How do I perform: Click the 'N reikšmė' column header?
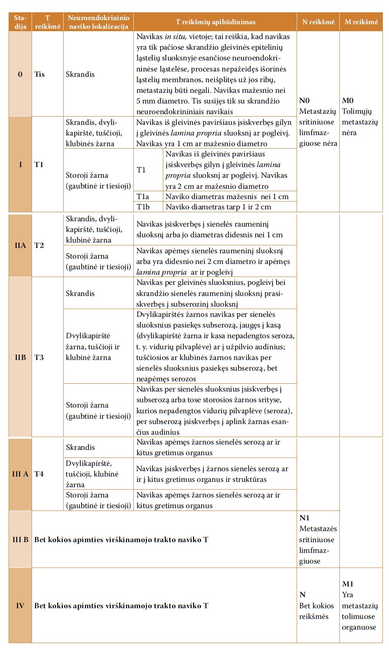[x=318, y=22]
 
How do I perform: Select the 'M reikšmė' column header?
[x=361, y=22]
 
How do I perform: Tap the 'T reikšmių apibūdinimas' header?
[x=215, y=22]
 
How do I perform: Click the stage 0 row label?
[x=20, y=74]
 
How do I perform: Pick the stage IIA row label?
[x=20, y=245]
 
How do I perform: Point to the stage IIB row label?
[x=20, y=357]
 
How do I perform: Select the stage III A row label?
[x=20, y=474]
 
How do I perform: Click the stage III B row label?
[x=20, y=539]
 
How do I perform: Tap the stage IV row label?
[x=20, y=605]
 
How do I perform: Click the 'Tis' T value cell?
[x=39, y=74]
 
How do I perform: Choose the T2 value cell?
[x=39, y=245]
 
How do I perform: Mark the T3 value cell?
[x=39, y=357]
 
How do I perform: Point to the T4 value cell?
[x=39, y=474]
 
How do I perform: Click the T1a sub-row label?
[x=143, y=197]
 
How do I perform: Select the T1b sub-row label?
[x=143, y=207]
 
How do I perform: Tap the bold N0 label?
[x=304, y=101]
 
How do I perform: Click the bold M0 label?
[x=348, y=101]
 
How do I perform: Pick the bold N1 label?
[x=304, y=518]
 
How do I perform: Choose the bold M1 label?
[x=348, y=584]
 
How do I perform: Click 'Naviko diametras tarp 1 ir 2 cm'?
[x=218, y=207]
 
